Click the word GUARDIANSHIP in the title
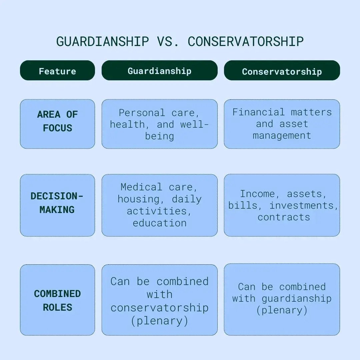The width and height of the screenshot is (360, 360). point(102,41)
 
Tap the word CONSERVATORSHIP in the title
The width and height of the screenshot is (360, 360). point(246,41)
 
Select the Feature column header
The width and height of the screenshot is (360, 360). point(57,71)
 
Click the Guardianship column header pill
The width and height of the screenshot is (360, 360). point(159,71)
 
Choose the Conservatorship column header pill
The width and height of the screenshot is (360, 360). point(282,71)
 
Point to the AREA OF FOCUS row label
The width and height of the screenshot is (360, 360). point(57,121)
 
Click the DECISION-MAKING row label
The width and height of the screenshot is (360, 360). point(57,203)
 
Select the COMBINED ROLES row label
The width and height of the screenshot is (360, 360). point(57,300)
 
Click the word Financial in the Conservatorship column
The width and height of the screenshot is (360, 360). point(258,112)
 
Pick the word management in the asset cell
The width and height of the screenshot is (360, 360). point(282,136)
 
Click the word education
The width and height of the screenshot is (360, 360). point(159,223)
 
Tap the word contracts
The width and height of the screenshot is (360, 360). point(284,217)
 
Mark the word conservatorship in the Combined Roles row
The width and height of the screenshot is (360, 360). point(159,308)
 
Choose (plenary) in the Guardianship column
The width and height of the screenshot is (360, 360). point(159,321)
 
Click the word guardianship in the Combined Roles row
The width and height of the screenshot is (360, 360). point(296,298)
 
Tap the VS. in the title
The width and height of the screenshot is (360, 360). point(168,41)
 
